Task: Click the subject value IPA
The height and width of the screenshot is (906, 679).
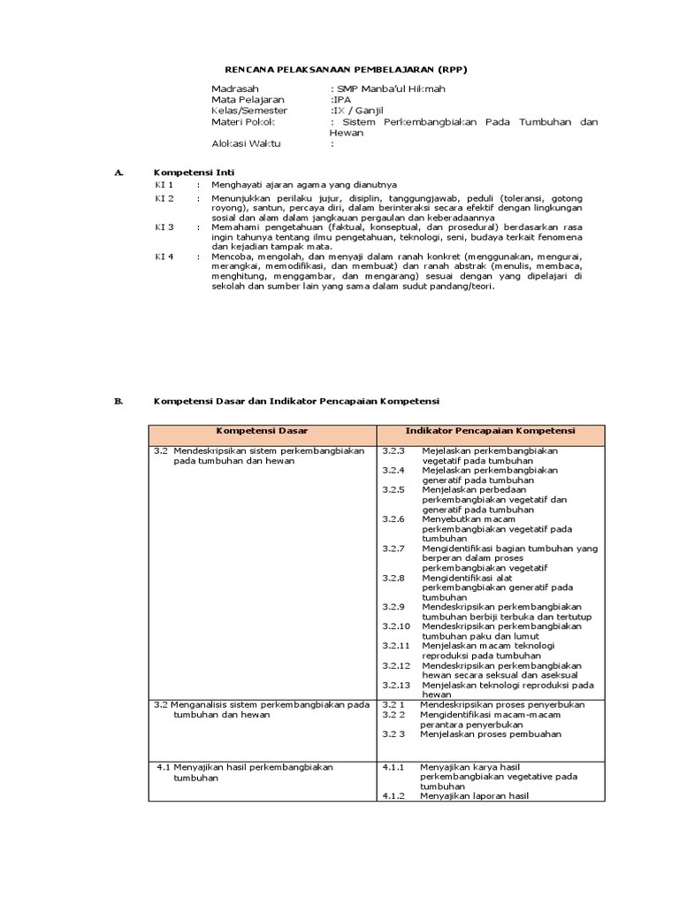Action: (x=340, y=101)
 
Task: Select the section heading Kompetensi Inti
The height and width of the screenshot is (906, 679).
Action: (x=195, y=172)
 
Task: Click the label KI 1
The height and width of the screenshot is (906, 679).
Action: (x=164, y=184)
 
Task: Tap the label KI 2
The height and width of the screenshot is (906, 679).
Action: (x=164, y=199)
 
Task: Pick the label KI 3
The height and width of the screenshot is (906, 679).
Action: (x=164, y=227)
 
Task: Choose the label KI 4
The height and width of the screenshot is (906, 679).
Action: (x=164, y=256)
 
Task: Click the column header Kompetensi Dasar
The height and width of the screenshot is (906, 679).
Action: (x=263, y=431)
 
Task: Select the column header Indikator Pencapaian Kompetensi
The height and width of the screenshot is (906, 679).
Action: (x=490, y=431)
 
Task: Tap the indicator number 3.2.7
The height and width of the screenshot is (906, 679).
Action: (x=393, y=548)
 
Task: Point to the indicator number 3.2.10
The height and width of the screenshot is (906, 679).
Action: (x=396, y=626)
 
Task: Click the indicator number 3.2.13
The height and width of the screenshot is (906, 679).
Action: (x=396, y=684)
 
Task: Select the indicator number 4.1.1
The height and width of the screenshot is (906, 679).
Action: (x=393, y=767)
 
